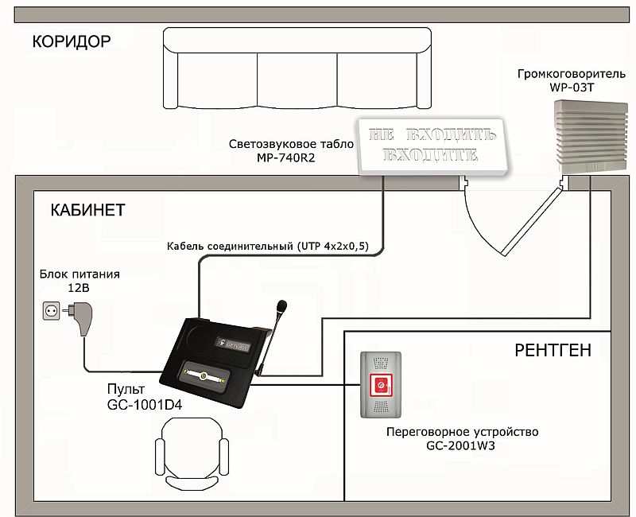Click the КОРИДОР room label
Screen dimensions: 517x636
[x=72, y=41]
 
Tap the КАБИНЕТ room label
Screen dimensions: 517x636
[x=87, y=210]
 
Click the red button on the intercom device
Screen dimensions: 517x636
[x=382, y=387]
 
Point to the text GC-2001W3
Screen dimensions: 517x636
[x=462, y=447]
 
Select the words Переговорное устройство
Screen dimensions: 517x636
[x=462, y=432]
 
